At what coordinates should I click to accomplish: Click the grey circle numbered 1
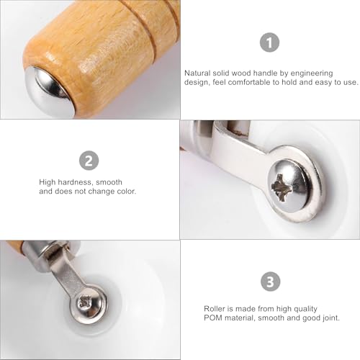(x=269, y=43)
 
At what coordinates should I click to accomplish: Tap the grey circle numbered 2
(x=89, y=161)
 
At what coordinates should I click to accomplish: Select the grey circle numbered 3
(x=269, y=282)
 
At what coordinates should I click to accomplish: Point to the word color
(x=123, y=193)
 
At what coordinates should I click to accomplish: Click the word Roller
(x=194, y=306)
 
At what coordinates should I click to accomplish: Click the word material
(x=222, y=315)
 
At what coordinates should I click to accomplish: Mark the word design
(x=197, y=82)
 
